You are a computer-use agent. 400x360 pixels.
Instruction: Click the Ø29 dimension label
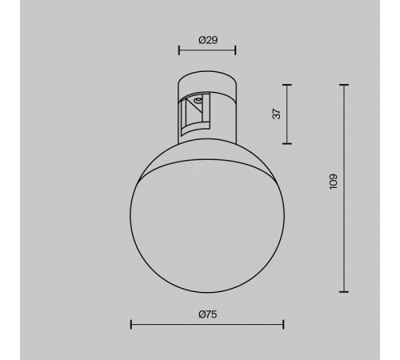click(208, 40)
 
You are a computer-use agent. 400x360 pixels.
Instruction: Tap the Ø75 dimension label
click(208, 314)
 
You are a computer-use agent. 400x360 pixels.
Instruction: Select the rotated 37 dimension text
click(277, 114)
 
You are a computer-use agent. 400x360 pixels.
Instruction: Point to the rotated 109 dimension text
click(334, 182)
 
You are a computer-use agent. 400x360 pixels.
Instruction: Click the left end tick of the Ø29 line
click(179, 50)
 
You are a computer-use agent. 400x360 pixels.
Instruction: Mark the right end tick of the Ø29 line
click(235, 50)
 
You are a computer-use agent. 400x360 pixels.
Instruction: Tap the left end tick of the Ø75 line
click(131, 325)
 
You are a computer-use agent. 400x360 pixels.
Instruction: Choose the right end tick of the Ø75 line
click(283, 325)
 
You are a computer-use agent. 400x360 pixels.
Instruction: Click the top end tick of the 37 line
click(287, 85)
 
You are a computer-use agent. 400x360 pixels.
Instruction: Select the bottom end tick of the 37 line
click(287, 143)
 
